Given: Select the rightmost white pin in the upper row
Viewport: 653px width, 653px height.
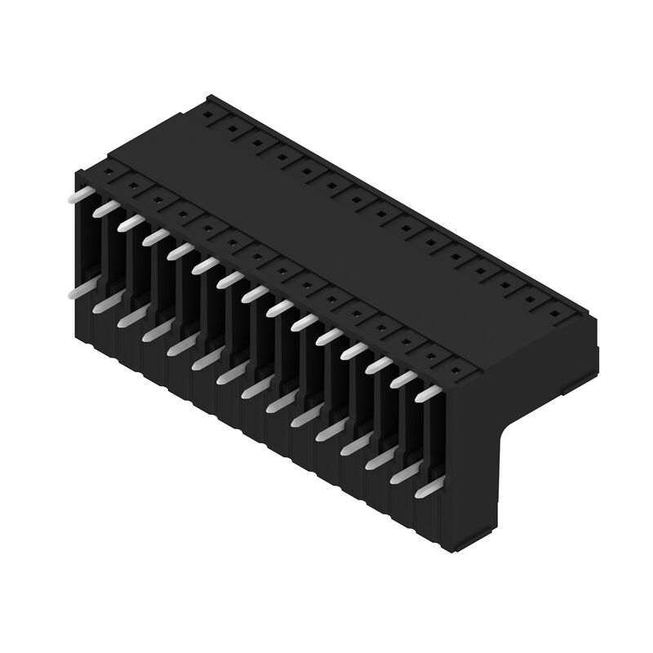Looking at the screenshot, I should point(428,393).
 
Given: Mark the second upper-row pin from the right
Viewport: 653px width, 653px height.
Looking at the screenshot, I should point(403,379).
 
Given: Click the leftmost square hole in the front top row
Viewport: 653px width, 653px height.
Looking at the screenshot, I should point(107,172).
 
